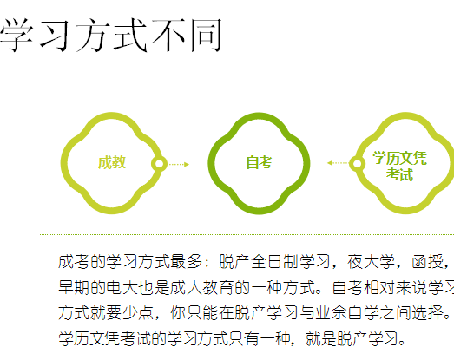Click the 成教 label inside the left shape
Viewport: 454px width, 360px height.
pos(112,162)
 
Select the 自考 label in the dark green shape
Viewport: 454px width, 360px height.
pos(260,162)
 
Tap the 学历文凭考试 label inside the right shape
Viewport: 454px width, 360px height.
pos(399,166)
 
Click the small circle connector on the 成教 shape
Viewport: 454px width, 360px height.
pos(159,164)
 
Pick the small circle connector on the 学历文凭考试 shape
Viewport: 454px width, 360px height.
pos(357,163)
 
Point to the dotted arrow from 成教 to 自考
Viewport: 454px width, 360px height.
pos(179,164)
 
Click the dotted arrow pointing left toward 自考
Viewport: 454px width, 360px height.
pos(338,163)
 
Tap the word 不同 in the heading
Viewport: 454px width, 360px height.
pos(187,36)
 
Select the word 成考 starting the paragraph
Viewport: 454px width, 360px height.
pos(74,262)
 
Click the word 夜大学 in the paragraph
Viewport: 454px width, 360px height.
pos(372,262)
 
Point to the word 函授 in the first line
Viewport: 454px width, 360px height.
pos(427,262)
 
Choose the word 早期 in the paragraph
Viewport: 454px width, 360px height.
pos(74,287)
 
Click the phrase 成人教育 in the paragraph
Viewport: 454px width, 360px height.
pos(201,287)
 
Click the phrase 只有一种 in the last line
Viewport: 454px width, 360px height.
pos(259,338)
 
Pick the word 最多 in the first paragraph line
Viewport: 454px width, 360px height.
pos(186,262)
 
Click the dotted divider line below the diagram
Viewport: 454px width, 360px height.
pos(247,235)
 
